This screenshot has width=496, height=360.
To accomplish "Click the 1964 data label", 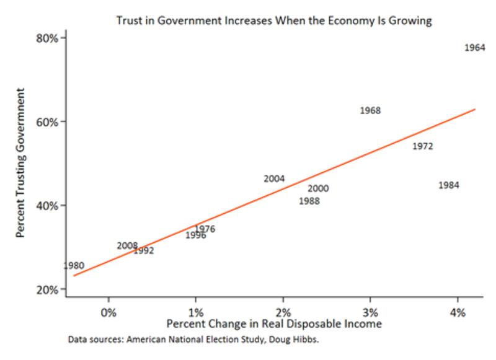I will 475,48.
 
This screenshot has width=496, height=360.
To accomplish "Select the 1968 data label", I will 370,111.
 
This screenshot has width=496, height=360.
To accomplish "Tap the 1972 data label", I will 422,147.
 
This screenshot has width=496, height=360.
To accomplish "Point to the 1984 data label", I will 448,185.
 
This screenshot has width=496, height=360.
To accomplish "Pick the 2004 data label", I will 274,178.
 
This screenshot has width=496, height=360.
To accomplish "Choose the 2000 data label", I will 318,189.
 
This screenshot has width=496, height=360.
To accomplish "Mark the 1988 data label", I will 309,201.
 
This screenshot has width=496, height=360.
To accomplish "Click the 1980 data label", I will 74,266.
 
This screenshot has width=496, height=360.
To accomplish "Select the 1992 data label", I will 144,251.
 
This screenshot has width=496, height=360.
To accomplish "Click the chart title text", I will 273,20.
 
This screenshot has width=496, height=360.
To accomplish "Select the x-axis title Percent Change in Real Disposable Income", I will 273,324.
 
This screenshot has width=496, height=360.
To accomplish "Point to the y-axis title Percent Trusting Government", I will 20,164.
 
